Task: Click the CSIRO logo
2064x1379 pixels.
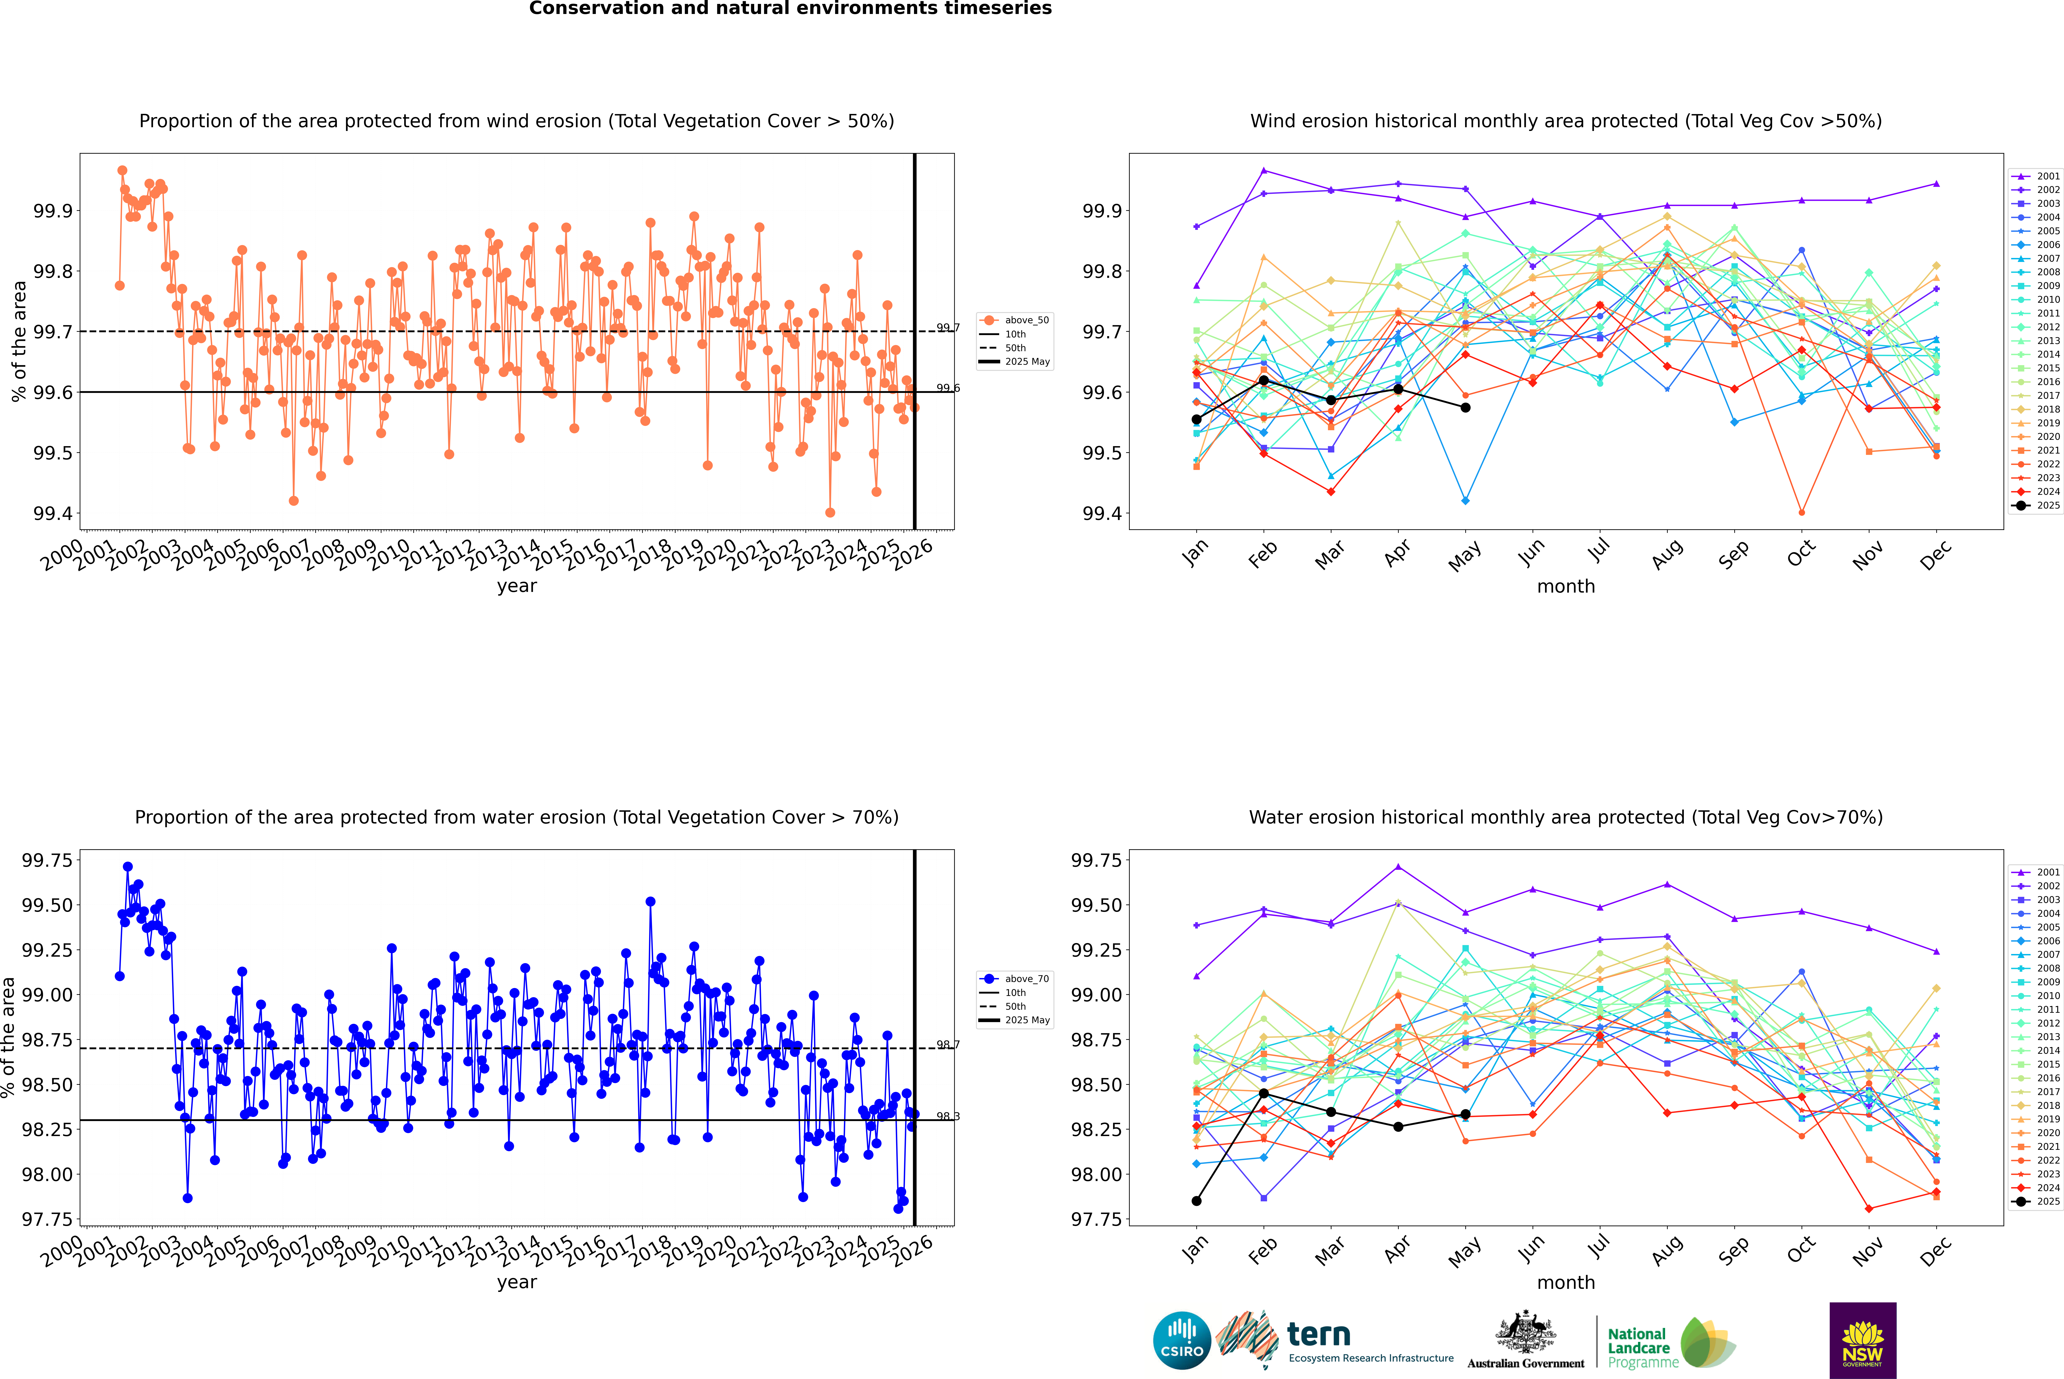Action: click(1182, 1340)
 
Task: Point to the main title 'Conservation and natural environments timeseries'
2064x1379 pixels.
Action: click(790, 9)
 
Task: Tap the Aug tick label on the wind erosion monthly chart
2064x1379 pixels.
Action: click(1667, 554)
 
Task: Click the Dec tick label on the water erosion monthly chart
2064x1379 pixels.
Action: click(1936, 1251)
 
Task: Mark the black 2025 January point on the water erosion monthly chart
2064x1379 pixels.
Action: click(1197, 1201)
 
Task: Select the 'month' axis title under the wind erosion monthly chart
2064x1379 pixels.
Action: click(1565, 587)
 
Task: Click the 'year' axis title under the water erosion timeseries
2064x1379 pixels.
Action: click(516, 1282)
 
